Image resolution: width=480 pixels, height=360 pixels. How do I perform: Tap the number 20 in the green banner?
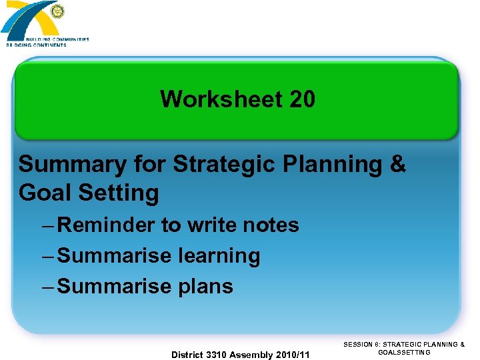tap(302, 100)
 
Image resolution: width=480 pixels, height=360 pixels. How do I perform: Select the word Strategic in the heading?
tap(213, 164)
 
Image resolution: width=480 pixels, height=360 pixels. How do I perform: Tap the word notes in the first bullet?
tap(271, 225)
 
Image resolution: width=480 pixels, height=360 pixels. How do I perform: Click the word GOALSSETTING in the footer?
tap(404, 353)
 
